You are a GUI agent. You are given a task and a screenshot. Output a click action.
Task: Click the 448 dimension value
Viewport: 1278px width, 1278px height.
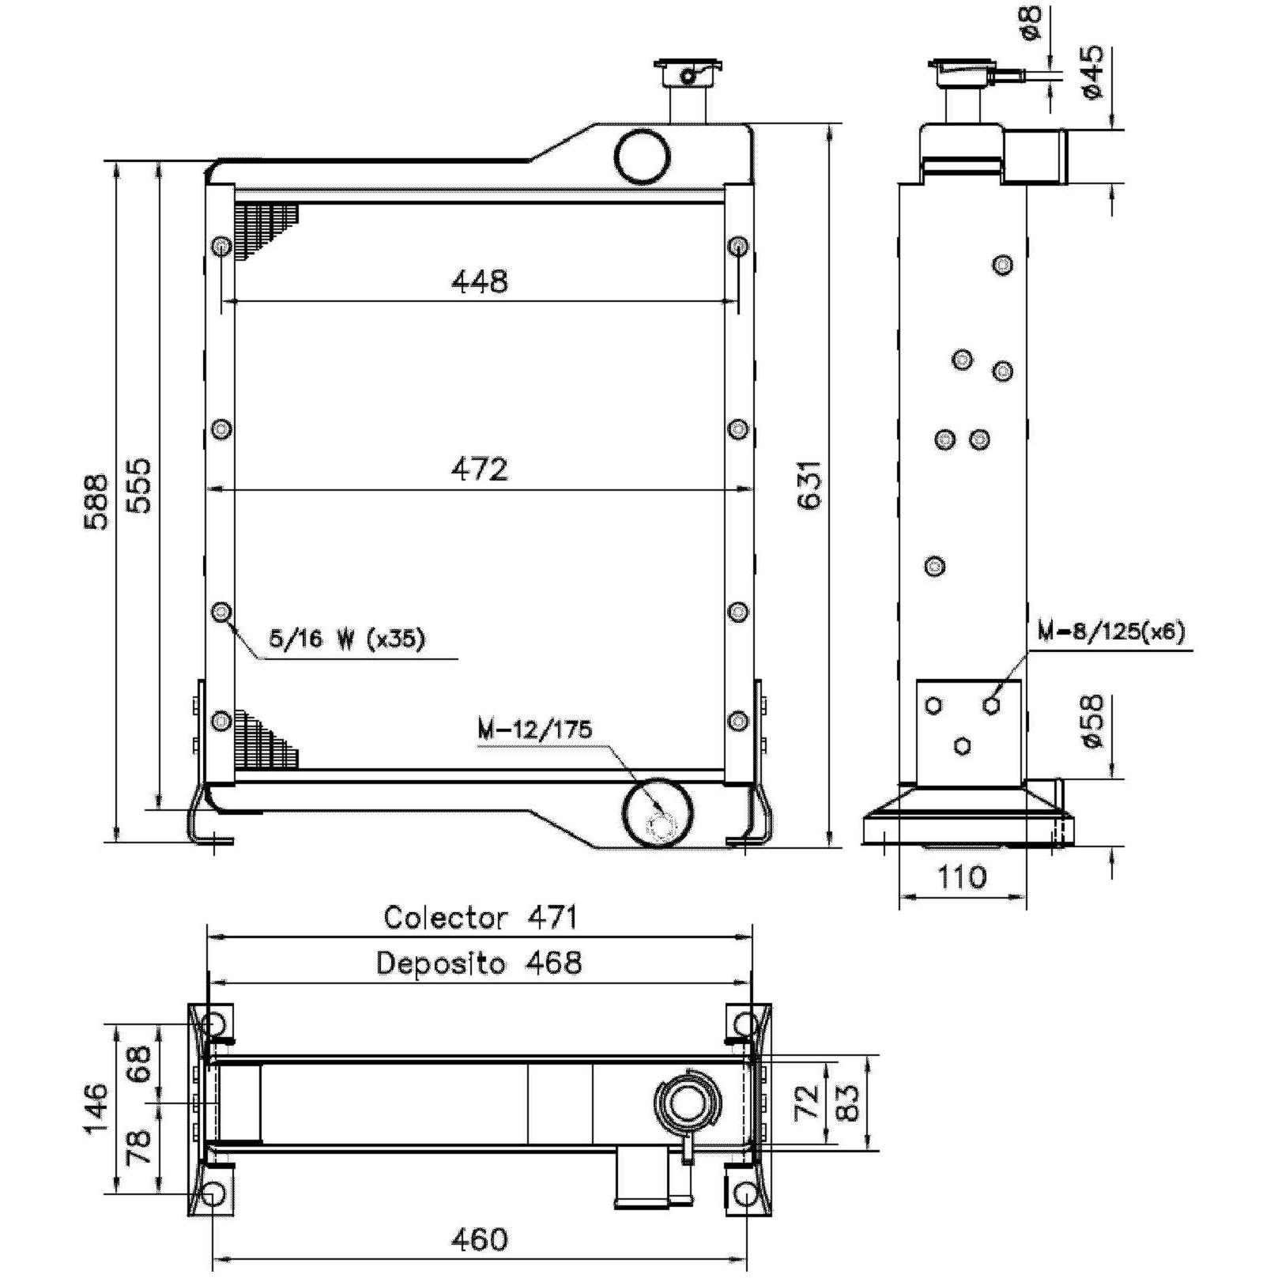(x=479, y=281)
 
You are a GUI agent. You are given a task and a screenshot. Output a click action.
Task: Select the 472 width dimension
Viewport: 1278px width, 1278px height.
(x=479, y=469)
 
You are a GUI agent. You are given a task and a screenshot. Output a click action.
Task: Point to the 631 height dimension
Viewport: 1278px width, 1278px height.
(x=812, y=484)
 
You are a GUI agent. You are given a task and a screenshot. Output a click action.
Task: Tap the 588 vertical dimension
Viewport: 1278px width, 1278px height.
(x=97, y=501)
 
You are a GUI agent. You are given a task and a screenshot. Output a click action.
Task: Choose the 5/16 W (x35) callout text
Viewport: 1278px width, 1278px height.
(x=347, y=638)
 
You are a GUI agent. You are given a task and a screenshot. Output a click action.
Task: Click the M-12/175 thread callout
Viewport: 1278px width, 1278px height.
(x=534, y=729)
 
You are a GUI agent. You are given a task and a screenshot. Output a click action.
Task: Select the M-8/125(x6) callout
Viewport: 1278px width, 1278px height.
(x=1111, y=632)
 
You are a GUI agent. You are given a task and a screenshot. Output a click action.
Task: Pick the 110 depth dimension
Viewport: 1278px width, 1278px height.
(x=962, y=877)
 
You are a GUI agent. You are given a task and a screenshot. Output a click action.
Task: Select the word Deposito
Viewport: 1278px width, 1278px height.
(x=440, y=963)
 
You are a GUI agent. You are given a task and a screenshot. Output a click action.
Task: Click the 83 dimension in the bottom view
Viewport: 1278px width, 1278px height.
(x=846, y=1102)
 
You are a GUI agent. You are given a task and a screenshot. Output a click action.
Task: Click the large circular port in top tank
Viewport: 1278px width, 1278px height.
(x=642, y=156)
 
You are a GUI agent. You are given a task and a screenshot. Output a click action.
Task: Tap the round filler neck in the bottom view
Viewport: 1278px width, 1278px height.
(x=687, y=1102)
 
